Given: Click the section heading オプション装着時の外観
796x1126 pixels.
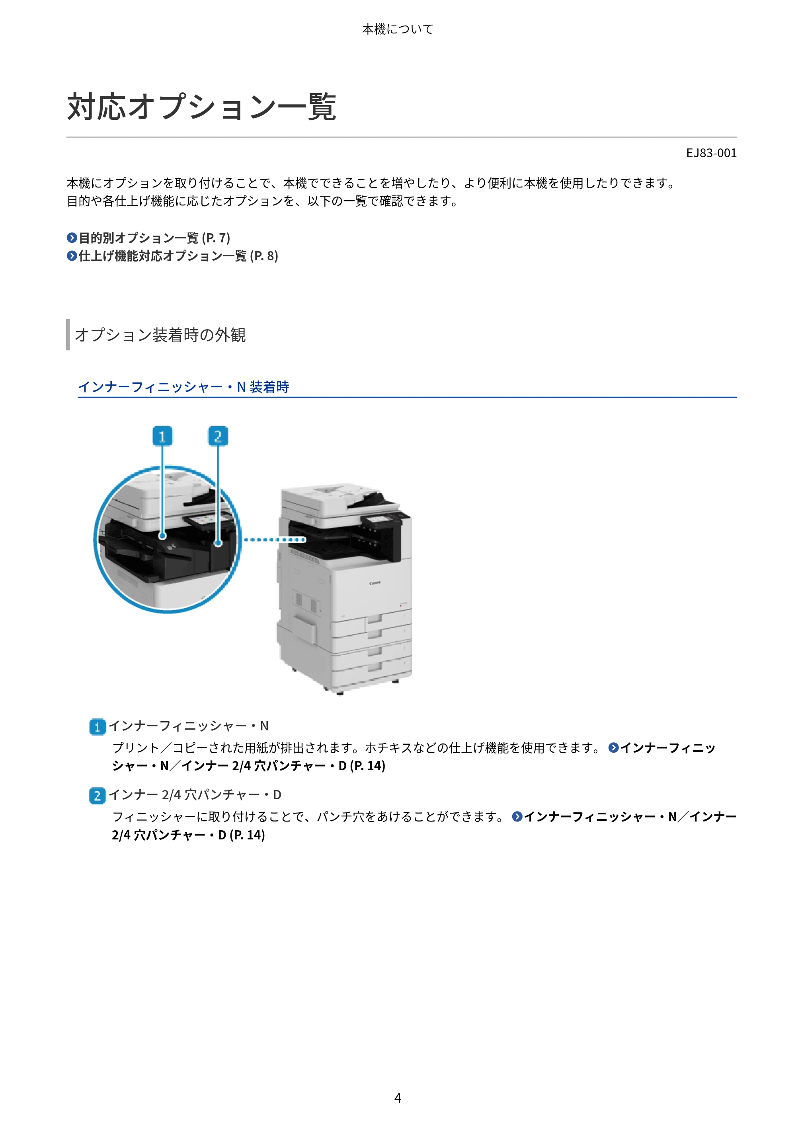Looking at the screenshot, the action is point(160,335).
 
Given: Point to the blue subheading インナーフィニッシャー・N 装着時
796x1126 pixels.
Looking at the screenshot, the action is point(183,387).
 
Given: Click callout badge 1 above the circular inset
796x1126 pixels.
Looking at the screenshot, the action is point(162,436).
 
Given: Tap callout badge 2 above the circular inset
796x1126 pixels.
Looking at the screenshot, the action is point(218,436).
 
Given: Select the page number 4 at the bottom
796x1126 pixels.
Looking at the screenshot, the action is point(398,1098).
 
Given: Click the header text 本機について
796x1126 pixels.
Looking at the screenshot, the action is point(398,29).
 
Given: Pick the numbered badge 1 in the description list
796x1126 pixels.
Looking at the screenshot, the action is point(98,727).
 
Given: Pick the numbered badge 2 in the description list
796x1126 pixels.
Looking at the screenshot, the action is point(98,796).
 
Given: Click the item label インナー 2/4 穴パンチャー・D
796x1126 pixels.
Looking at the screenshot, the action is point(195,794).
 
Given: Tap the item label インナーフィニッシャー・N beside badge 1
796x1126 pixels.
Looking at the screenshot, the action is point(189,726).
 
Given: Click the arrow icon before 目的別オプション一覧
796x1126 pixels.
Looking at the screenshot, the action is point(72,238).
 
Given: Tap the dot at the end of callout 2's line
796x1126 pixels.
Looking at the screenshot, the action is point(218,543).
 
